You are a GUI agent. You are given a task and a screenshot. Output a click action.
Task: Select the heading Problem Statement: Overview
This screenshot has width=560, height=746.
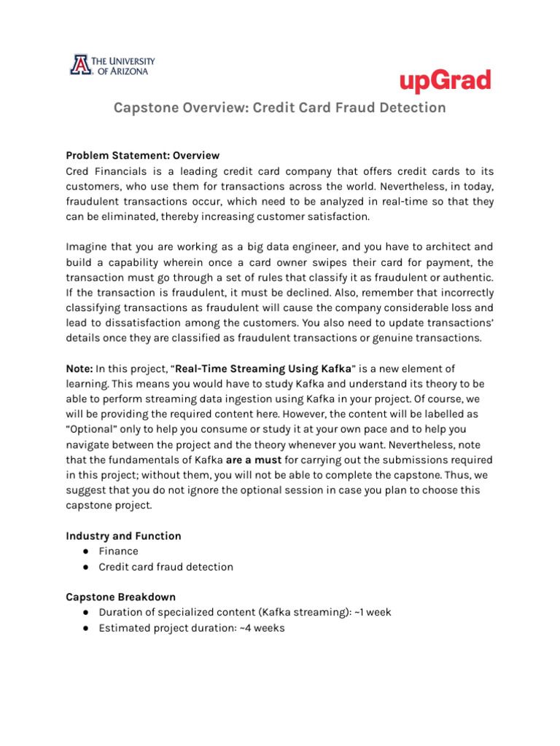click(x=143, y=155)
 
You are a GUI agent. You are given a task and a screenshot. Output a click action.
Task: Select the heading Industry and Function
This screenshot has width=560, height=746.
click(x=123, y=535)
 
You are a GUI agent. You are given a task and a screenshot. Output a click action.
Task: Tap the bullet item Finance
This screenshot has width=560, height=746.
click(x=118, y=551)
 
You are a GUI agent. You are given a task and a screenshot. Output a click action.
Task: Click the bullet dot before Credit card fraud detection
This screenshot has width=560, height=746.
click(x=86, y=567)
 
